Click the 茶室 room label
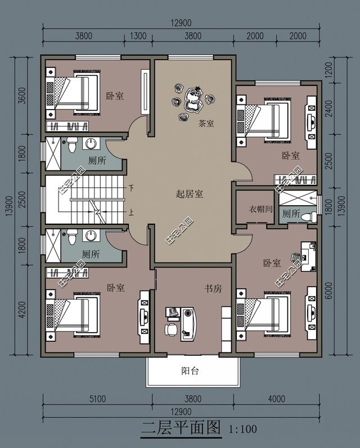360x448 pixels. pos(206,124)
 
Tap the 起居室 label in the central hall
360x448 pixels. pos(190,194)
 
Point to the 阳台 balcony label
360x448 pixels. pos(190,371)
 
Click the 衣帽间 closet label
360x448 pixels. pos(260,209)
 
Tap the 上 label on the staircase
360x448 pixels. pos(131,213)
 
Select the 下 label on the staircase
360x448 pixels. pos(131,188)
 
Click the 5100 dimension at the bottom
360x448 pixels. pos(97,400)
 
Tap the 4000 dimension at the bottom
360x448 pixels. pos(277,400)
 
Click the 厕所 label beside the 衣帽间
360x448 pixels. pos(291,214)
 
